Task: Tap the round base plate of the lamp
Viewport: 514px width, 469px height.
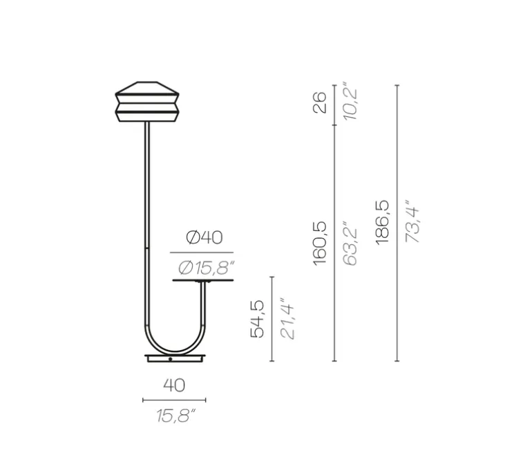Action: [175, 358]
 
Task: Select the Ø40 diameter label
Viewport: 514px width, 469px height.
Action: [204, 238]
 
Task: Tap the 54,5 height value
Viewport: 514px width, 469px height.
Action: [257, 319]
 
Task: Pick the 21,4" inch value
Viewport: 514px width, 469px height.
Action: [287, 319]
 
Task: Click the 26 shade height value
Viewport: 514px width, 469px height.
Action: [319, 104]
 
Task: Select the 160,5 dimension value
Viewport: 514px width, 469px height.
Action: [319, 243]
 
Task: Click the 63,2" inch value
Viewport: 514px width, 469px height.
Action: [351, 243]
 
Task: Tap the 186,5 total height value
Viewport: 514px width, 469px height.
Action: [382, 222]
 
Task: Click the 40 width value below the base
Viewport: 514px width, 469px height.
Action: [174, 385]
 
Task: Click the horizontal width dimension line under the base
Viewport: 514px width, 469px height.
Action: [174, 400]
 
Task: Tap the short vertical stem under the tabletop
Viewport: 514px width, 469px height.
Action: [204, 304]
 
